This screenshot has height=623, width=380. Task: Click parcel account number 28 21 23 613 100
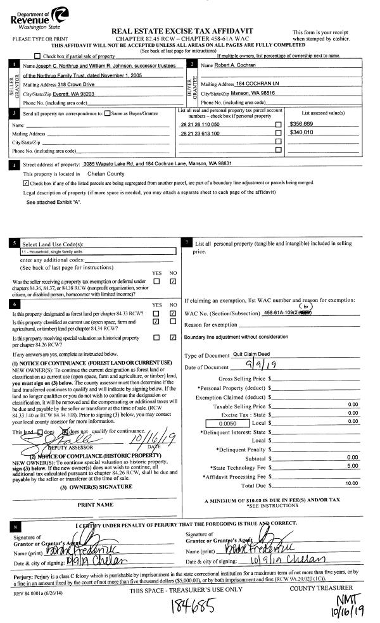200,134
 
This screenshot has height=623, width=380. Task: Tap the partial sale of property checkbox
37,56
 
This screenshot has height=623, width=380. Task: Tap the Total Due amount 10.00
351,484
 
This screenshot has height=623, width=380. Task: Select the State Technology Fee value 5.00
352,466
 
